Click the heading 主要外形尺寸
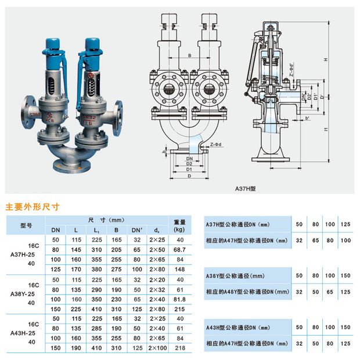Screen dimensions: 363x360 [x=33, y=206]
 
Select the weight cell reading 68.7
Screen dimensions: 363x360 [x=179, y=249]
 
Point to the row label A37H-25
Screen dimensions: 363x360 [x=23, y=254]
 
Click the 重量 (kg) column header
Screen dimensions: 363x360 [x=179, y=225]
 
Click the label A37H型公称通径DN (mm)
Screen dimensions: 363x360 [x=239, y=224]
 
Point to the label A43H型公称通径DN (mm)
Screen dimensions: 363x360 [x=239, y=328]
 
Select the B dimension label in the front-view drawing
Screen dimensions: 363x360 [x=189, y=55]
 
